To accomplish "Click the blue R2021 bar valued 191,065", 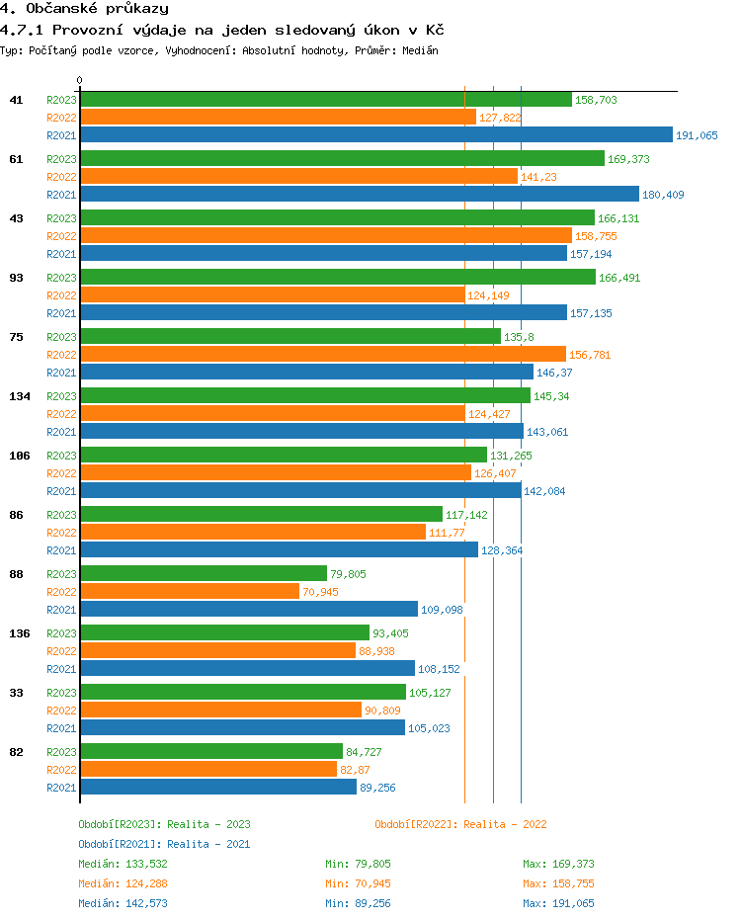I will [375, 135].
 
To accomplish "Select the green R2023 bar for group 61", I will [342, 158].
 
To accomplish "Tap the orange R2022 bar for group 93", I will [272, 294].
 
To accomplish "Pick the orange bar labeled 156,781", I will [322, 354].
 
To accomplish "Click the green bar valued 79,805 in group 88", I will [203, 573].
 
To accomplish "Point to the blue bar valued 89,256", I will [217, 787].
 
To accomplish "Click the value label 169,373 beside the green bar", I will [628, 159].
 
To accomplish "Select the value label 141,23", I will [538, 177].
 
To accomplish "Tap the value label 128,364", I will [502, 550].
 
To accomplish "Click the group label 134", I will [20, 396].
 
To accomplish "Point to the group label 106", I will [20, 456].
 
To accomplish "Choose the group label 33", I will [17, 693].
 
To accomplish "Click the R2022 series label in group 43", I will [61, 236].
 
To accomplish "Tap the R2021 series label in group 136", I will [61, 669].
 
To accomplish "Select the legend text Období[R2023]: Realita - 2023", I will [164, 824].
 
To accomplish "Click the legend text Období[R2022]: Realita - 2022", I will [460, 824].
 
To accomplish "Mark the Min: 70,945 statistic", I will [358, 883].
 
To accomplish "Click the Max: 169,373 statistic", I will [558, 864].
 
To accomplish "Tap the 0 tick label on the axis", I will [80, 80].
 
